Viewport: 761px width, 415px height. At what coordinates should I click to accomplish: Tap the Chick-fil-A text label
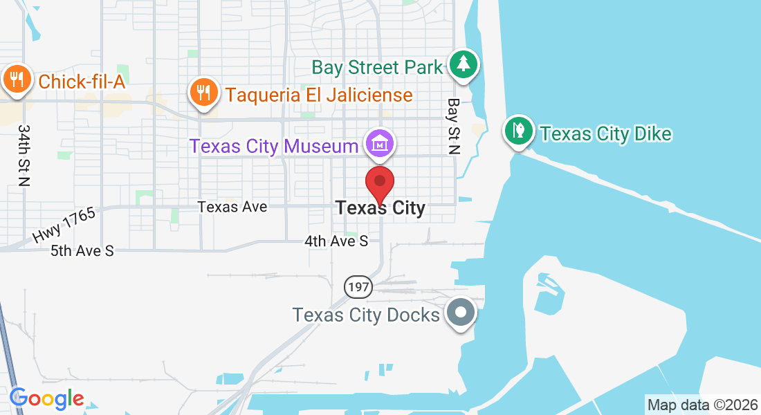[x=82, y=82]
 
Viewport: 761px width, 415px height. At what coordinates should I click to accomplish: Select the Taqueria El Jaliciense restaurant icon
[x=203, y=91]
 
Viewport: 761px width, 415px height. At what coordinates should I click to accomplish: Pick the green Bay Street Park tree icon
[x=464, y=64]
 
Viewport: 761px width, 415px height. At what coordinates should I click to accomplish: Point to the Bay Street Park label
[x=377, y=67]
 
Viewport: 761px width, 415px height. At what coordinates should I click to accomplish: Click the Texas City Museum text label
[x=274, y=147]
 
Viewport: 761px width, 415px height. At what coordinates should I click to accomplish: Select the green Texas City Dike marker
[x=518, y=130]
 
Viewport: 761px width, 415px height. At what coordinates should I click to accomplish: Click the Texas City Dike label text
[x=605, y=133]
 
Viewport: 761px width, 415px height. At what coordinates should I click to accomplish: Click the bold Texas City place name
[x=380, y=207]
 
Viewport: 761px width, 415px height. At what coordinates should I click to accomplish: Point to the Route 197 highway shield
[x=359, y=286]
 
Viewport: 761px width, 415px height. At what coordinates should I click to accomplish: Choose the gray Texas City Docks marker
[x=461, y=312]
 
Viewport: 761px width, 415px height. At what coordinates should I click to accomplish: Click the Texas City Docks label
[x=366, y=315]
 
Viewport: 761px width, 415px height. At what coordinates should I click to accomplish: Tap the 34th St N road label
[x=25, y=156]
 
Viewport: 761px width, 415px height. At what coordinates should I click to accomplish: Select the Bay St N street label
[x=454, y=125]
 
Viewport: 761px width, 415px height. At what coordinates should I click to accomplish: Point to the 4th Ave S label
[x=336, y=241]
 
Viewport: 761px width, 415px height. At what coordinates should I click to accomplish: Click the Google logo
[x=46, y=398]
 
